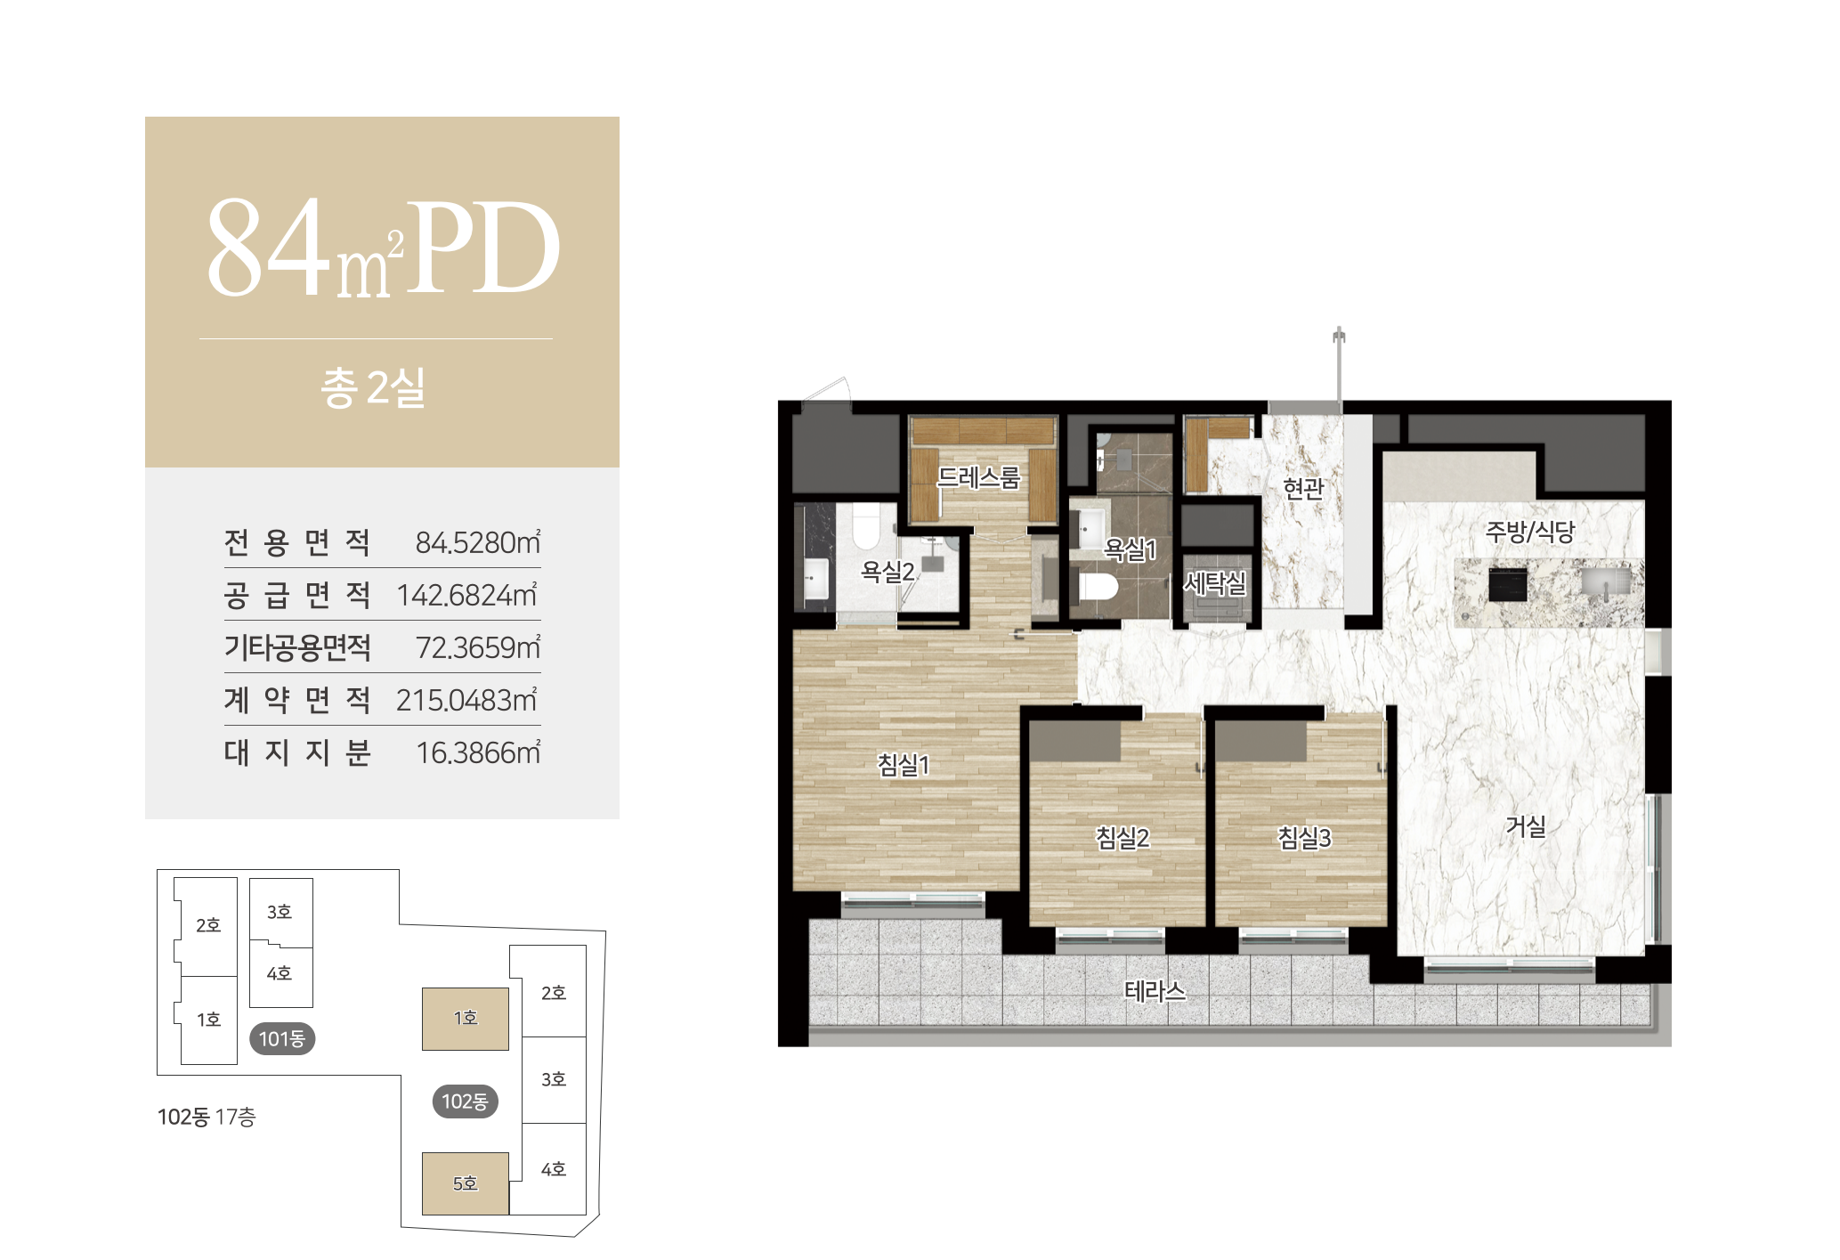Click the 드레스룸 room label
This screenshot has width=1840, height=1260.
pos(978,478)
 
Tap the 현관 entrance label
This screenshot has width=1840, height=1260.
pos(1303,488)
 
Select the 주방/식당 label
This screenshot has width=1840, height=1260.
pos(1529,532)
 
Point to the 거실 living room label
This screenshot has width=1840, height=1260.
pos(1525,826)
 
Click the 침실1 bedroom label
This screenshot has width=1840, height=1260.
pos(903,764)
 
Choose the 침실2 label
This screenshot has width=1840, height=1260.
pos(1123,837)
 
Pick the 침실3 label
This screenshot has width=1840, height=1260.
pos(1304,837)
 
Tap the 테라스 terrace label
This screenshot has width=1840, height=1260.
pos(1155,991)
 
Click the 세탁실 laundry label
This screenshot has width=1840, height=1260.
pos(1214,583)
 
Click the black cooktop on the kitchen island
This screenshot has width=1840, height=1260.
pos(1507,585)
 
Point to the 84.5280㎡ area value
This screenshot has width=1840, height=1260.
pos(478,542)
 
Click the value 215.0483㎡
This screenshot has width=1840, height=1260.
pos(467,700)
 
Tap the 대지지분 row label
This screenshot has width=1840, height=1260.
pos(297,752)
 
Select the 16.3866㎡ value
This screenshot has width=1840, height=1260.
pos(478,752)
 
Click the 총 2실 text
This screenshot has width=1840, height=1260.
pos(373,388)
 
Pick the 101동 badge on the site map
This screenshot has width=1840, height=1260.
pos(282,1038)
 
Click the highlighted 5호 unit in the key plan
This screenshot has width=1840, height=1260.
pos(466,1183)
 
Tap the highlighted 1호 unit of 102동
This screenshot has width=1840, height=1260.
pos(466,1019)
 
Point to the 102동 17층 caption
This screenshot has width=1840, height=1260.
pos(207,1117)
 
